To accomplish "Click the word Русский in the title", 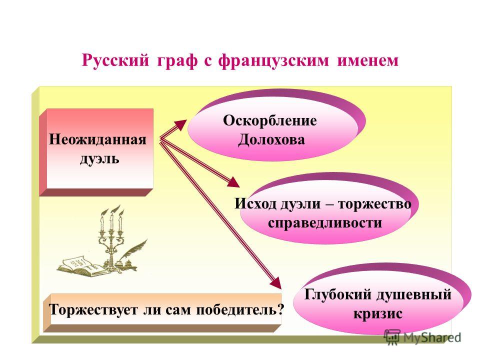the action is pyautogui.click(x=115, y=61).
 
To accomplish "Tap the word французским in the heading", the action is pyautogui.click(x=273, y=61).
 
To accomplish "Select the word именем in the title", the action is pyautogui.click(x=367, y=60).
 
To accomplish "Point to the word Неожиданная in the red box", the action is pyautogui.click(x=97, y=139).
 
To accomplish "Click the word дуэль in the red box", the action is pyautogui.click(x=99, y=159).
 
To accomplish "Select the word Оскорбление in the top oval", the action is pyautogui.click(x=269, y=120).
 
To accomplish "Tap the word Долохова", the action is pyautogui.click(x=271, y=140).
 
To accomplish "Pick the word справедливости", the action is pyautogui.click(x=325, y=222).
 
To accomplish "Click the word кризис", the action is pyautogui.click(x=378, y=314).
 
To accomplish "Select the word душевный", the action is pyautogui.click(x=414, y=295).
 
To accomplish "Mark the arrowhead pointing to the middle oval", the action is pyautogui.click(x=234, y=183).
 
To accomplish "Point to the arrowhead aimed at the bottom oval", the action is pyautogui.click(x=276, y=282).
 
